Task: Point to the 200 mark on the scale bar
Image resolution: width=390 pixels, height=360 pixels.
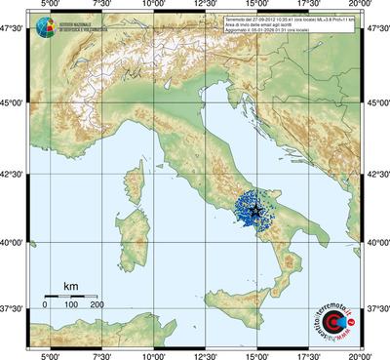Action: click(97, 305)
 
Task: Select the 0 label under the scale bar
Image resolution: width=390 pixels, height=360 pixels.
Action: click(45, 305)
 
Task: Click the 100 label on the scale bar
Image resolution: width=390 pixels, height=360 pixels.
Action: click(71, 305)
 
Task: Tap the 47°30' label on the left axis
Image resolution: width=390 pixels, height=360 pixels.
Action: click(13, 31)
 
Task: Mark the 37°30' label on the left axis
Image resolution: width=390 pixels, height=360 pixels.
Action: click(13, 307)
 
